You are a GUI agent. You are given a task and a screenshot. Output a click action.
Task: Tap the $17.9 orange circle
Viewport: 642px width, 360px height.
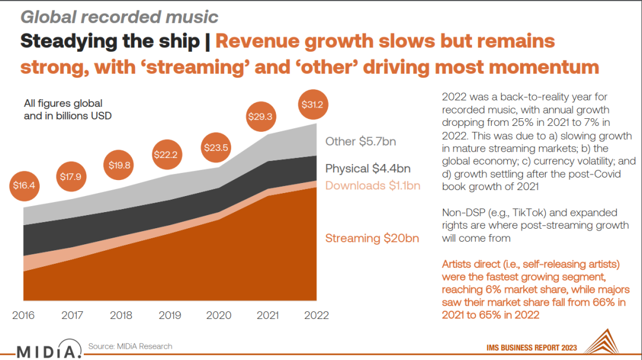pos(72,176)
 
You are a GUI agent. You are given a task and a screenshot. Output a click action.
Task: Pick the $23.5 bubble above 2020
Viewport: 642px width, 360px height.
pos(215,147)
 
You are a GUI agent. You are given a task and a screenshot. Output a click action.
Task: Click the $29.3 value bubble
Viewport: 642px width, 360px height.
pos(261,116)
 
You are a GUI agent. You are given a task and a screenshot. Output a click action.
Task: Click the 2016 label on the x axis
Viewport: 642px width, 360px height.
pos(24,315)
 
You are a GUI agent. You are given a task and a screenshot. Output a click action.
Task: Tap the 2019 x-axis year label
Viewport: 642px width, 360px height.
pos(170,315)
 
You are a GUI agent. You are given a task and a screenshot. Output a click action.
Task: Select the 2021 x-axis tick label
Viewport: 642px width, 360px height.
pos(267,315)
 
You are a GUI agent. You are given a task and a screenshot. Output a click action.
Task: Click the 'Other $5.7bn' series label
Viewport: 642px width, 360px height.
pos(360,141)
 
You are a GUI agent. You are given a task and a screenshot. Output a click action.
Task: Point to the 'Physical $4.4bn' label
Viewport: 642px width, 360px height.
pos(367,169)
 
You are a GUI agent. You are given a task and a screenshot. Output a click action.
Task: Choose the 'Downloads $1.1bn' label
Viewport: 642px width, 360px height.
pos(373,185)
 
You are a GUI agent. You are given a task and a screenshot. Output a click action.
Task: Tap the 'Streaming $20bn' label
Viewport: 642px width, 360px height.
pos(372,238)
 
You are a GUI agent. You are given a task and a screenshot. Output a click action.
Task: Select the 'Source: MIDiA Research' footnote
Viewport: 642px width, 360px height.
pos(130,346)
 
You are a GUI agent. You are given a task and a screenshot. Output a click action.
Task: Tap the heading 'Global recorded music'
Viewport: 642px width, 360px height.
pos(119,17)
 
